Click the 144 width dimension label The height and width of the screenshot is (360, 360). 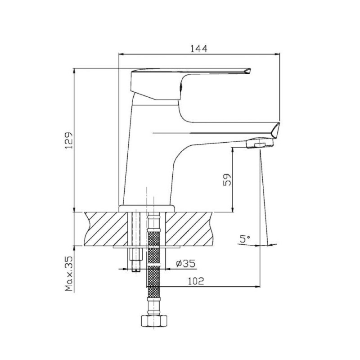tap(199, 49)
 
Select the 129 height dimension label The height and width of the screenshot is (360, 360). tap(69, 140)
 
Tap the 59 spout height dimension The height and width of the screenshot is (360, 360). tap(227, 180)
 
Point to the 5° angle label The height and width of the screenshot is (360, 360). tap(245, 239)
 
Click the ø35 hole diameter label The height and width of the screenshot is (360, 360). tap(186, 264)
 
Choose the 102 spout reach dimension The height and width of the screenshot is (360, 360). tap(196, 281)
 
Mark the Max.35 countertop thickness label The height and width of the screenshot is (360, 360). tap(69, 274)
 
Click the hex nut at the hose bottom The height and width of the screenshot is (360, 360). tap(153, 321)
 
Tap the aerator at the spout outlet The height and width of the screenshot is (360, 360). tap(260, 143)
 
